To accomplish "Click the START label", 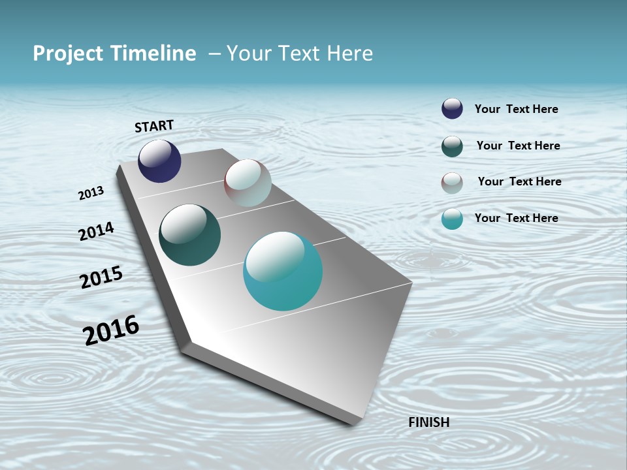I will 154,126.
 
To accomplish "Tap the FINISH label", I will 428,422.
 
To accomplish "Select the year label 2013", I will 91,193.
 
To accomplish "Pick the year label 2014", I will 96,231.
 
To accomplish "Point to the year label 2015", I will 101,277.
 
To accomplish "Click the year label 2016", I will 111,330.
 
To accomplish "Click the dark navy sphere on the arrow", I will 159,161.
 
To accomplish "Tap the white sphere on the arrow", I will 248,183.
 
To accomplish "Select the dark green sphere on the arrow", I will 189,235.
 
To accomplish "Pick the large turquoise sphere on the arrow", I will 283,271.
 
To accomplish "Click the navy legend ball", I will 452,108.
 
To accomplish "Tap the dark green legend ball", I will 452,146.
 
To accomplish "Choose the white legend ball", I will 452,183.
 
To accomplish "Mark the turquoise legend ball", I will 452,219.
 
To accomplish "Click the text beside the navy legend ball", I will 516,109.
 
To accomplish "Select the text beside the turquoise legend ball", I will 516,218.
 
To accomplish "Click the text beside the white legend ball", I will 519,181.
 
